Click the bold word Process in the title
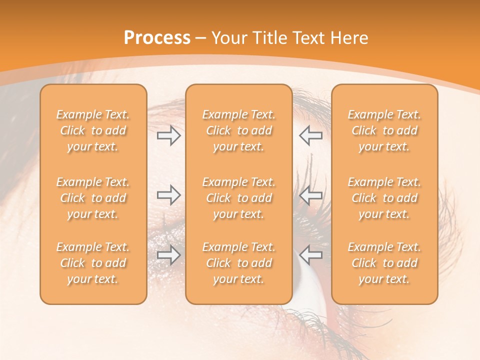157,38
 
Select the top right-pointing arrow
169,135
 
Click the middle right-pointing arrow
169,195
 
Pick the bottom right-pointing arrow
169,254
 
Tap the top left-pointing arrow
310,135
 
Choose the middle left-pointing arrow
310,195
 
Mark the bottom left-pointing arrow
310,254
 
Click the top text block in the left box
93,130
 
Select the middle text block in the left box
93,198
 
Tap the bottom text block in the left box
93,263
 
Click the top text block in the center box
238,130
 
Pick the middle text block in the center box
238,198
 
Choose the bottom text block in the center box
238,263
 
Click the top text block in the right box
384,130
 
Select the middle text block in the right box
384,198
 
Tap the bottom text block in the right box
384,263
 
